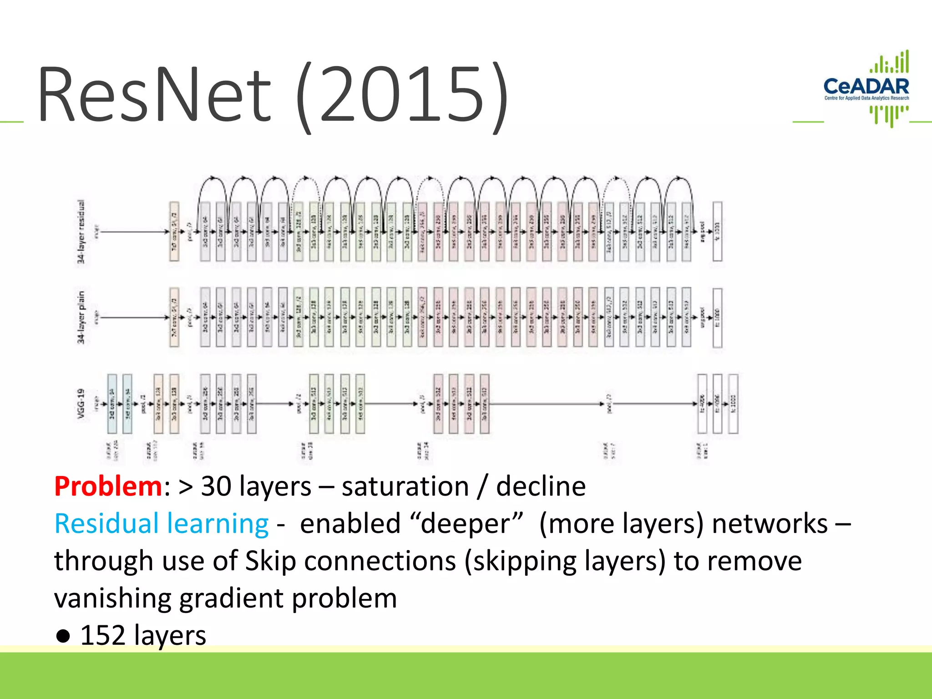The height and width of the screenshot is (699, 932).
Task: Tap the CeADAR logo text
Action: [x=866, y=86]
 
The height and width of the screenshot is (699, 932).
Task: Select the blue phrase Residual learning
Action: [x=162, y=523]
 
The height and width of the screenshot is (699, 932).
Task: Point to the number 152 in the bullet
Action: [x=102, y=635]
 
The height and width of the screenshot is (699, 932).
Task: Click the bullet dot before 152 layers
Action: [x=63, y=636]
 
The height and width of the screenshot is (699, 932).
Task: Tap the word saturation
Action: [x=405, y=486]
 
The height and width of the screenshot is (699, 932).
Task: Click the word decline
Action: [x=541, y=486]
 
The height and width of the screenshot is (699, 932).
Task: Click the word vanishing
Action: [x=112, y=598]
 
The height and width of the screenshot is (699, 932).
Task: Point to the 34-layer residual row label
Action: [x=81, y=232]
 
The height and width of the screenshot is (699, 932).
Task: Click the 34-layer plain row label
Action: [x=81, y=318]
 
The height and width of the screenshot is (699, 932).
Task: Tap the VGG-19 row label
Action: [x=81, y=404]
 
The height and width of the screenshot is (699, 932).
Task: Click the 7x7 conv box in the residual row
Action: [x=174, y=232]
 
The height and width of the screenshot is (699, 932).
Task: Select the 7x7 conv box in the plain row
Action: [x=174, y=318]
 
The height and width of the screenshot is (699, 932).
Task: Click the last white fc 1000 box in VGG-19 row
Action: [x=733, y=404]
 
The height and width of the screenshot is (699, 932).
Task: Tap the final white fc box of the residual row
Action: [x=717, y=232]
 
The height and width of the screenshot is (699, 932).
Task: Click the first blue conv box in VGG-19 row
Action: [x=112, y=404]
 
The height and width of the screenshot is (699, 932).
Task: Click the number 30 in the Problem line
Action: [x=216, y=486]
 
